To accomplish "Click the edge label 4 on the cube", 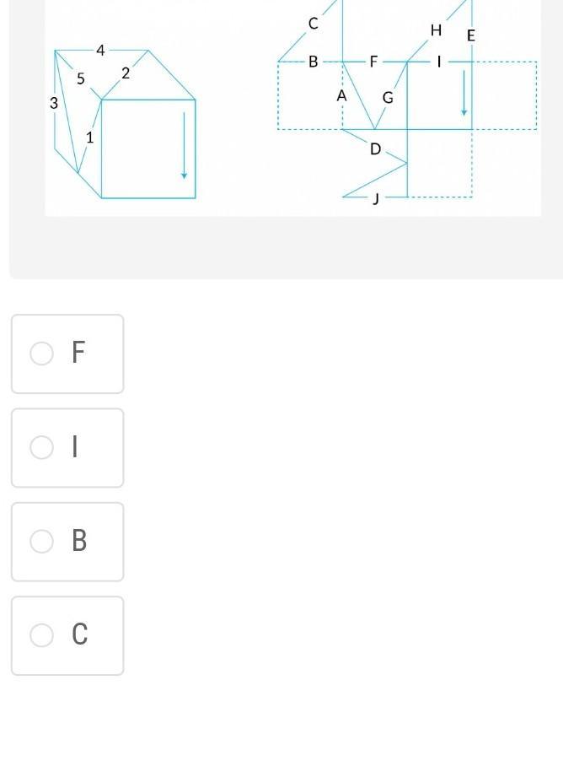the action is point(100,50).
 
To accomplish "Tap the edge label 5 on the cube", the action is point(81,78).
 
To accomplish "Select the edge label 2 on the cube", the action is point(126,73).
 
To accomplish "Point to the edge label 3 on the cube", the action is point(54,103).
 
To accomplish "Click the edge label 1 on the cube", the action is point(89,138).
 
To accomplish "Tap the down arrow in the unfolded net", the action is point(464,93).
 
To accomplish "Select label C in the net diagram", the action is point(314,24).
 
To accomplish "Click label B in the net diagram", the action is point(314,62).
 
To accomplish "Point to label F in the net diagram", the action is point(373,62).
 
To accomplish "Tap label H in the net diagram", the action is point(436,30).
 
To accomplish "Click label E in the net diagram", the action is point(471,36).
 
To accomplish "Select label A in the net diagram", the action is point(342,96).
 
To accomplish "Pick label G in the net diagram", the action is point(388,98).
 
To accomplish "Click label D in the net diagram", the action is point(375,149).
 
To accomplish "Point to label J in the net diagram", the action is point(375,198).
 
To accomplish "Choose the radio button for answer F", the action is point(41,353).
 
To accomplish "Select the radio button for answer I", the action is point(41,447).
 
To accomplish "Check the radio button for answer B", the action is point(41,541).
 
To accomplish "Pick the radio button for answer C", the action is point(41,634).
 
